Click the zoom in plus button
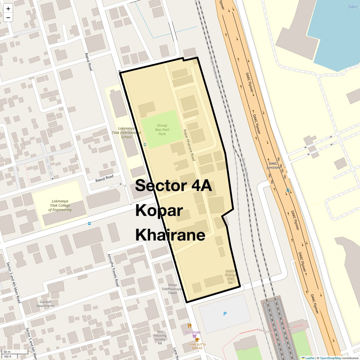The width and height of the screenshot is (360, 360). (8, 9)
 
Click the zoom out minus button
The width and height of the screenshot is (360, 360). (8, 18)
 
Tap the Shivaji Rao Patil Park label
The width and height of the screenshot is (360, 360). (162, 130)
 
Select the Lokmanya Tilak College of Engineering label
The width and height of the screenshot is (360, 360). (60, 205)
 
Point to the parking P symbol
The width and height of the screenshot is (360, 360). (225, 314)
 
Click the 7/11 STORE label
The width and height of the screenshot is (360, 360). (193, 332)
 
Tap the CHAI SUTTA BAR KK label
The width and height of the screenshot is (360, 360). (196, 346)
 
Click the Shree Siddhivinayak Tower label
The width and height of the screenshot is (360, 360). (172, 289)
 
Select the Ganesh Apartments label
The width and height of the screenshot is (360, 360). (46, 304)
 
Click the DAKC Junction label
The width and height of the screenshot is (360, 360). (273, 166)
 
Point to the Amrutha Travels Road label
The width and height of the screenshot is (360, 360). (114, 270)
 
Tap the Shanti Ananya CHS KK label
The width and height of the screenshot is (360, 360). (230, 277)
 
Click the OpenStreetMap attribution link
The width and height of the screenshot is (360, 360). (330, 358)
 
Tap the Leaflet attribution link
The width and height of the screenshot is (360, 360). (310, 358)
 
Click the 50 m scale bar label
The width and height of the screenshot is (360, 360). (7, 352)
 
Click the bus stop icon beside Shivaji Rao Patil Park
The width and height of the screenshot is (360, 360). (145, 144)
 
